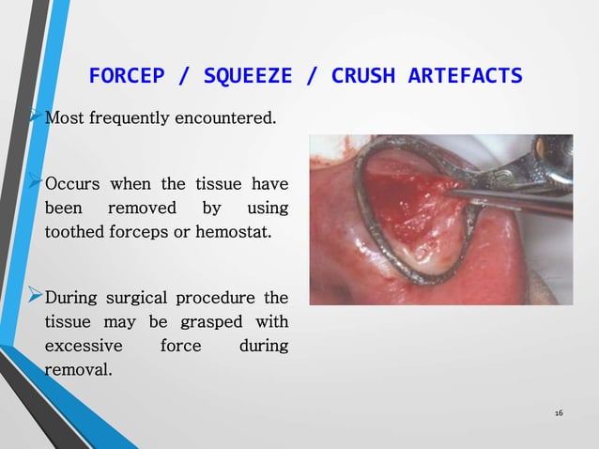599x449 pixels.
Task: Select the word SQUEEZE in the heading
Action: [x=240, y=75]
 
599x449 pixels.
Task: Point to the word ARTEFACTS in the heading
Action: [x=466, y=75]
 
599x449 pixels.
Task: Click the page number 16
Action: [x=559, y=413]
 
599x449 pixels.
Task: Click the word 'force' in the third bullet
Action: [x=180, y=346]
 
